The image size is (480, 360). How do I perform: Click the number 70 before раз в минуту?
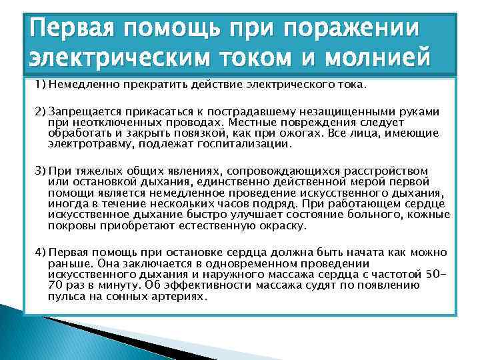click(55, 285)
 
